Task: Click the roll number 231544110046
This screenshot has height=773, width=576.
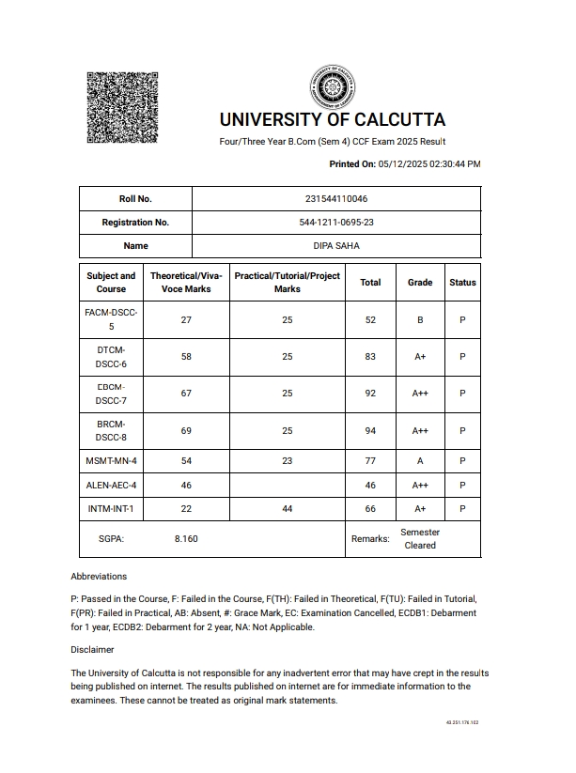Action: [336, 199]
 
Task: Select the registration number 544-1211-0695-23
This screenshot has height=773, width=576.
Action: [336, 223]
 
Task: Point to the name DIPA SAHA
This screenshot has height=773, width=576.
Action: [336, 246]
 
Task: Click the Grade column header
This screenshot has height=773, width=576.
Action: [420, 283]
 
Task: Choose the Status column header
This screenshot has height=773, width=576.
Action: [462, 283]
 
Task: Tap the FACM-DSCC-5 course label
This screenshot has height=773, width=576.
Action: [111, 320]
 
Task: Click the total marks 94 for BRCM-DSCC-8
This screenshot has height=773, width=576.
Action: [370, 430]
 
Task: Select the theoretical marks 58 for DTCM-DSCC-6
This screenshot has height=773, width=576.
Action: [186, 357]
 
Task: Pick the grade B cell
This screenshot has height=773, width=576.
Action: [420, 320]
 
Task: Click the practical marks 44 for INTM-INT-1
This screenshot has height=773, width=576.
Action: [288, 508]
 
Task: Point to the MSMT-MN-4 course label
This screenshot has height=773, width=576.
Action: [111, 461]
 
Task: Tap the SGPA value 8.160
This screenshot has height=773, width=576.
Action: [186, 539]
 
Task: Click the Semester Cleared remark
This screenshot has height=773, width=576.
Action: [420, 539]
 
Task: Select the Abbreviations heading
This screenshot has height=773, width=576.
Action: [99, 576]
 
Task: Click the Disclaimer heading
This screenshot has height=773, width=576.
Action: [92, 649]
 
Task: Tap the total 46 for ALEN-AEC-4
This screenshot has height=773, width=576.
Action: [370, 485]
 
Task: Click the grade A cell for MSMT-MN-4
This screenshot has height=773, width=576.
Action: [420, 461]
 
